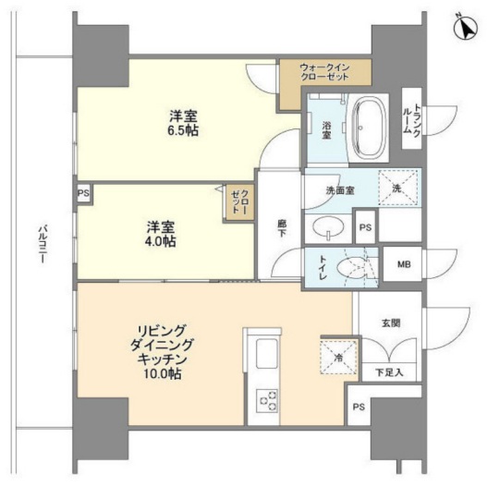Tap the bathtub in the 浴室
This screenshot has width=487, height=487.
pyautogui.click(x=369, y=128)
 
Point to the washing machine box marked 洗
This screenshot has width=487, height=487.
pyautogui.click(x=398, y=189)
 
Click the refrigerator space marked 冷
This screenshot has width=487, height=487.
pyautogui.click(x=338, y=358)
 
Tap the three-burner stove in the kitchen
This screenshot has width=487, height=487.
pyautogui.click(x=267, y=400)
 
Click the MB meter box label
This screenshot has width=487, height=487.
pyautogui.click(x=404, y=264)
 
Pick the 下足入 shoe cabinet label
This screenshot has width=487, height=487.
pyautogui.click(x=389, y=372)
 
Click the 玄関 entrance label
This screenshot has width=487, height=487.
pyautogui.click(x=391, y=323)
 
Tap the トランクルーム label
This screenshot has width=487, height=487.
pyautogui.click(x=412, y=119)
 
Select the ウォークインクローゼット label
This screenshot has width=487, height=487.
pyautogui.click(x=325, y=72)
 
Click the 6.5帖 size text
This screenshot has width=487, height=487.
pyautogui.click(x=183, y=131)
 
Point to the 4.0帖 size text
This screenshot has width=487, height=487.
pyautogui.click(x=160, y=241)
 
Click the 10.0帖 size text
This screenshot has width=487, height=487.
pyautogui.click(x=162, y=373)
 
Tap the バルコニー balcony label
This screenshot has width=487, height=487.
pyautogui.click(x=43, y=245)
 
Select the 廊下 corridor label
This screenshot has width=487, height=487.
pyautogui.click(x=282, y=228)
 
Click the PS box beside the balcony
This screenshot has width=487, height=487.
pyautogui.click(x=83, y=193)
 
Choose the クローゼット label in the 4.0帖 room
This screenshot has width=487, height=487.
pyautogui.click(x=240, y=201)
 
